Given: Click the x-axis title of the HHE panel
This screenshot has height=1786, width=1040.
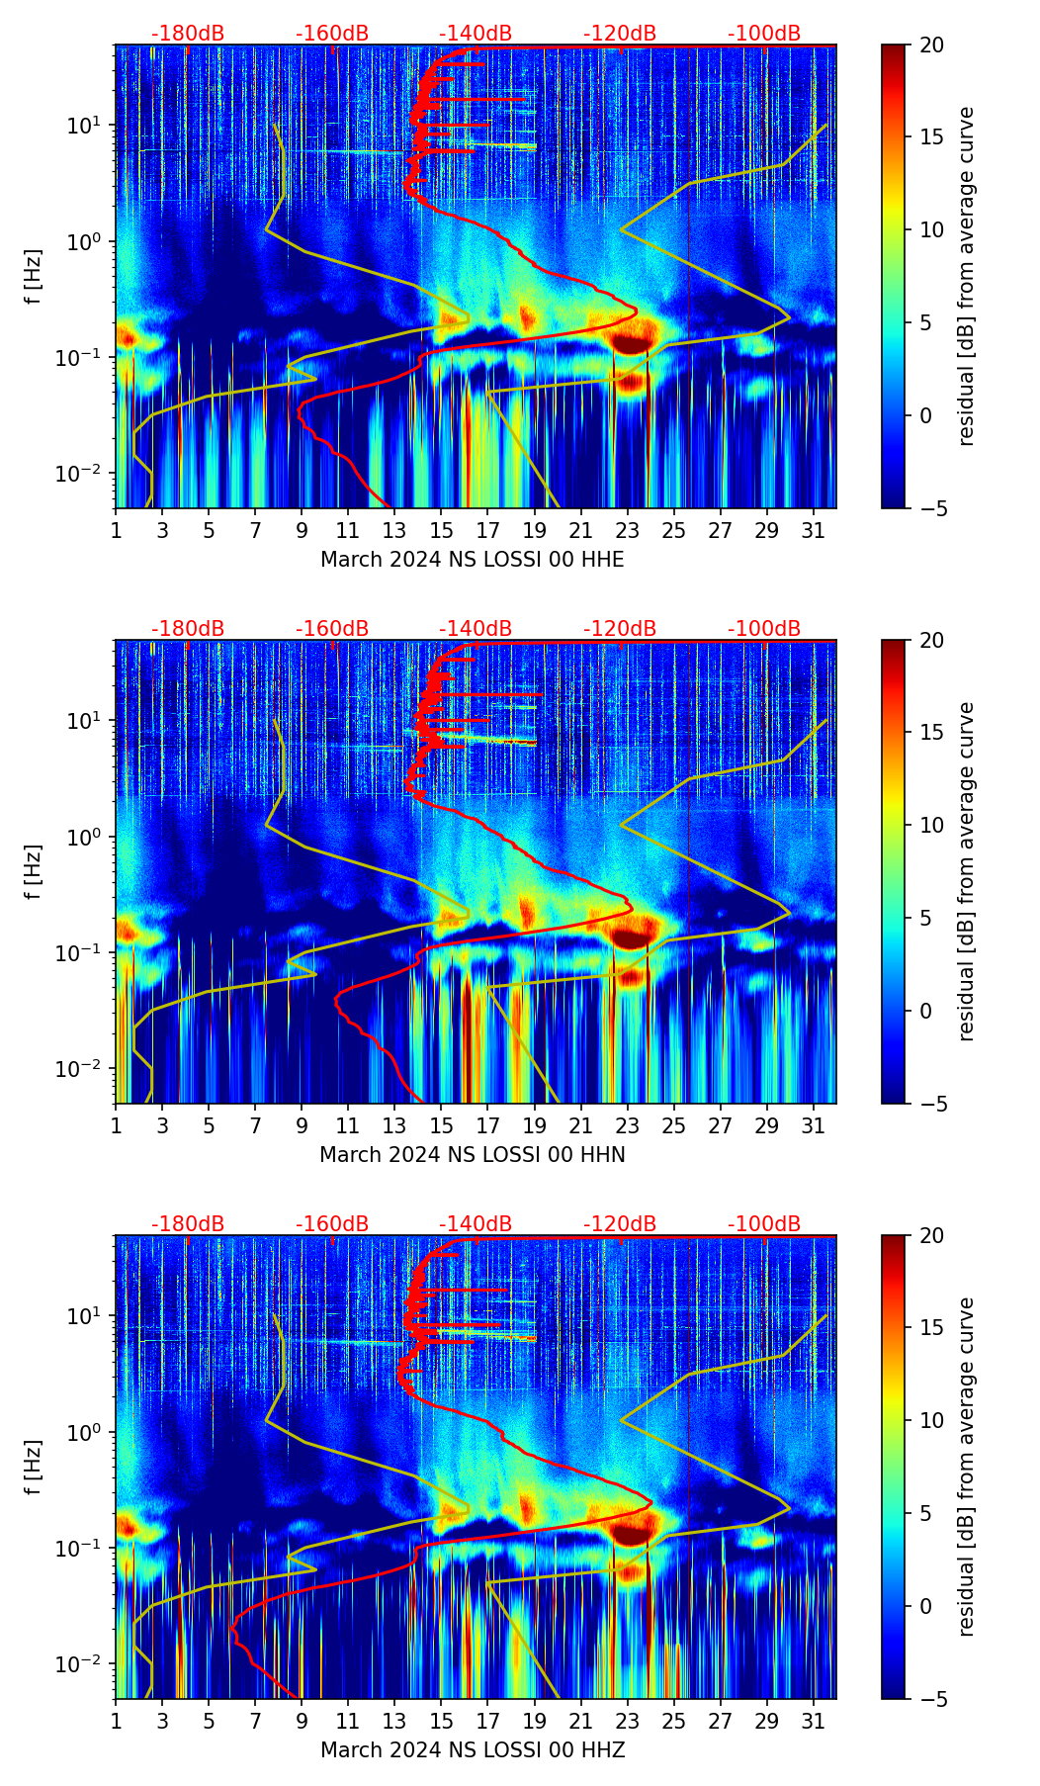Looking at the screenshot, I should pyautogui.click(x=472, y=560).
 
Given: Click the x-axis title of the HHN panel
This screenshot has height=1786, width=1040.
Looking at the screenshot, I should pyautogui.click(x=472, y=1154).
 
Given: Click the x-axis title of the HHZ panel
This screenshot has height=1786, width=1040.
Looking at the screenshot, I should pyautogui.click(x=472, y=1749).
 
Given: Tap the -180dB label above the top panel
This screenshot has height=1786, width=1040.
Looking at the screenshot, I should pyautogui.click(x=188, y=34).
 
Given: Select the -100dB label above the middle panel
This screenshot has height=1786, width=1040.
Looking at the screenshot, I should pyautogui.click(x=764, y=629).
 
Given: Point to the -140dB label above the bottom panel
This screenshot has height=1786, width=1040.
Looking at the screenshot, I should pyautogui.click(x=476, y=1224).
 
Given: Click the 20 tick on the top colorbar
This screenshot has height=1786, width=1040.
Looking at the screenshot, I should pyautogui.click(x=931, y=45).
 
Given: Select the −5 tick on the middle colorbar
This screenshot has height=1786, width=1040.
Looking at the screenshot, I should pyautogui.click(x=929, y=1104).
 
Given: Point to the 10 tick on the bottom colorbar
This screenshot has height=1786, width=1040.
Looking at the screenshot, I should pyautogui.click(x=931, y=1420).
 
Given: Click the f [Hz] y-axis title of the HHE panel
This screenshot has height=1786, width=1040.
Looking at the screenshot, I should pyautogui.click(x=35, y=277).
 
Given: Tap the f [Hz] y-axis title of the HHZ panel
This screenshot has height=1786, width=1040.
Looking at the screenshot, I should pyautogui.click(x=35, y=1467).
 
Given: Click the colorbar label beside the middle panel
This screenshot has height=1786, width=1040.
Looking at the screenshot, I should pyautogui.click(x=967, y=871).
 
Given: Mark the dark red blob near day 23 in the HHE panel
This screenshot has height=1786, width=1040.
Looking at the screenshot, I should pyautogui.click(x=631, y=343).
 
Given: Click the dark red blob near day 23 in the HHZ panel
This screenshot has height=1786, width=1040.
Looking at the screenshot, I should pyautogui.click(x=631, y=1533).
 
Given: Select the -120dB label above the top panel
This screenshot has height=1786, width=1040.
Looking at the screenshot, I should pyautogui.click(x=620, y=34).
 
